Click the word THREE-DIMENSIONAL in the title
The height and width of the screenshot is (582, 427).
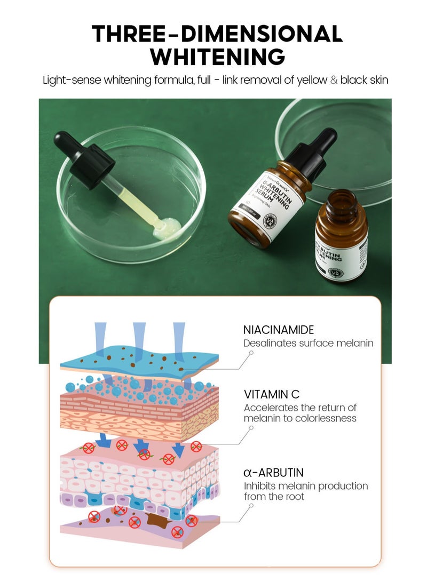(217, 35)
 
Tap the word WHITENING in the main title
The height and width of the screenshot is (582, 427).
(217, 57)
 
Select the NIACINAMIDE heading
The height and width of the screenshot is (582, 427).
(279, 330)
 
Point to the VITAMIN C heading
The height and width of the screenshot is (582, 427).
(272, 395)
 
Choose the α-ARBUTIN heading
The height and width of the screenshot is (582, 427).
(274, 473)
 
